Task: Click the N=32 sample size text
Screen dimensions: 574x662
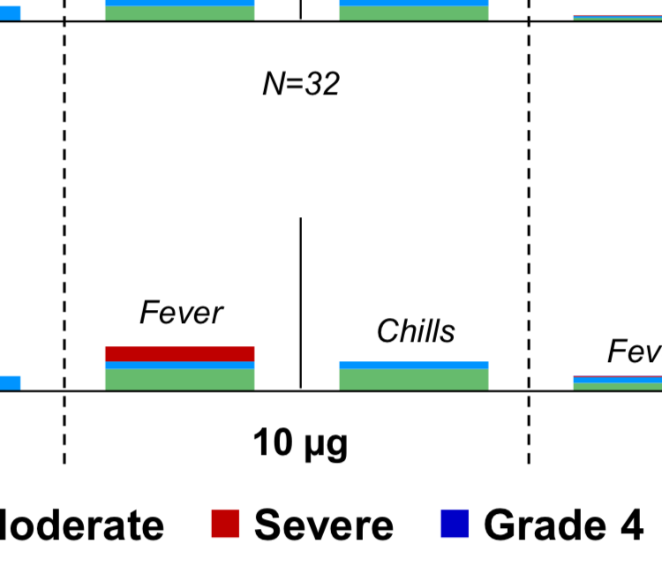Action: (x=301, y=85)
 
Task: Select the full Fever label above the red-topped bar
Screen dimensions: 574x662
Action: (x=181, y=313)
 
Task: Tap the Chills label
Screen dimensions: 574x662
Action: (x=415, y=331)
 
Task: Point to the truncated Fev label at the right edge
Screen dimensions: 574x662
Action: (x=634, y=351)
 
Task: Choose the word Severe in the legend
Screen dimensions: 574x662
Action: (x=324, y=525)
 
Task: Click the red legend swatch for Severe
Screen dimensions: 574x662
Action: (x=226, y=524)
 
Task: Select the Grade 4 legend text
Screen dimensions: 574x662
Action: (x=563, y=525)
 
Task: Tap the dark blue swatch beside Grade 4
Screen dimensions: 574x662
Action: (x=455, y=524)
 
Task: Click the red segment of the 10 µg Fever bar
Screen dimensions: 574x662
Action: (x=180, y=353)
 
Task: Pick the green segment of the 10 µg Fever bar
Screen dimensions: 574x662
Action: (x=180, y=379)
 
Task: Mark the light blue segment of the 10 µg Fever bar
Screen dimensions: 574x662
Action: (x=180, y=365)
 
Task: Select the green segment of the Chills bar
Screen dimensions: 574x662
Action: (x=414, y=379)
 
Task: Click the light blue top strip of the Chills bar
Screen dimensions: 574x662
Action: (x=414, y=365)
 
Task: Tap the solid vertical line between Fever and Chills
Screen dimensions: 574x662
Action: (x=301, y=300)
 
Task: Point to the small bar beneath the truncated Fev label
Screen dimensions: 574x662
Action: (x=618, y=382)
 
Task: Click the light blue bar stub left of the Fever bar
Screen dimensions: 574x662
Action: (x=9, y=383)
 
